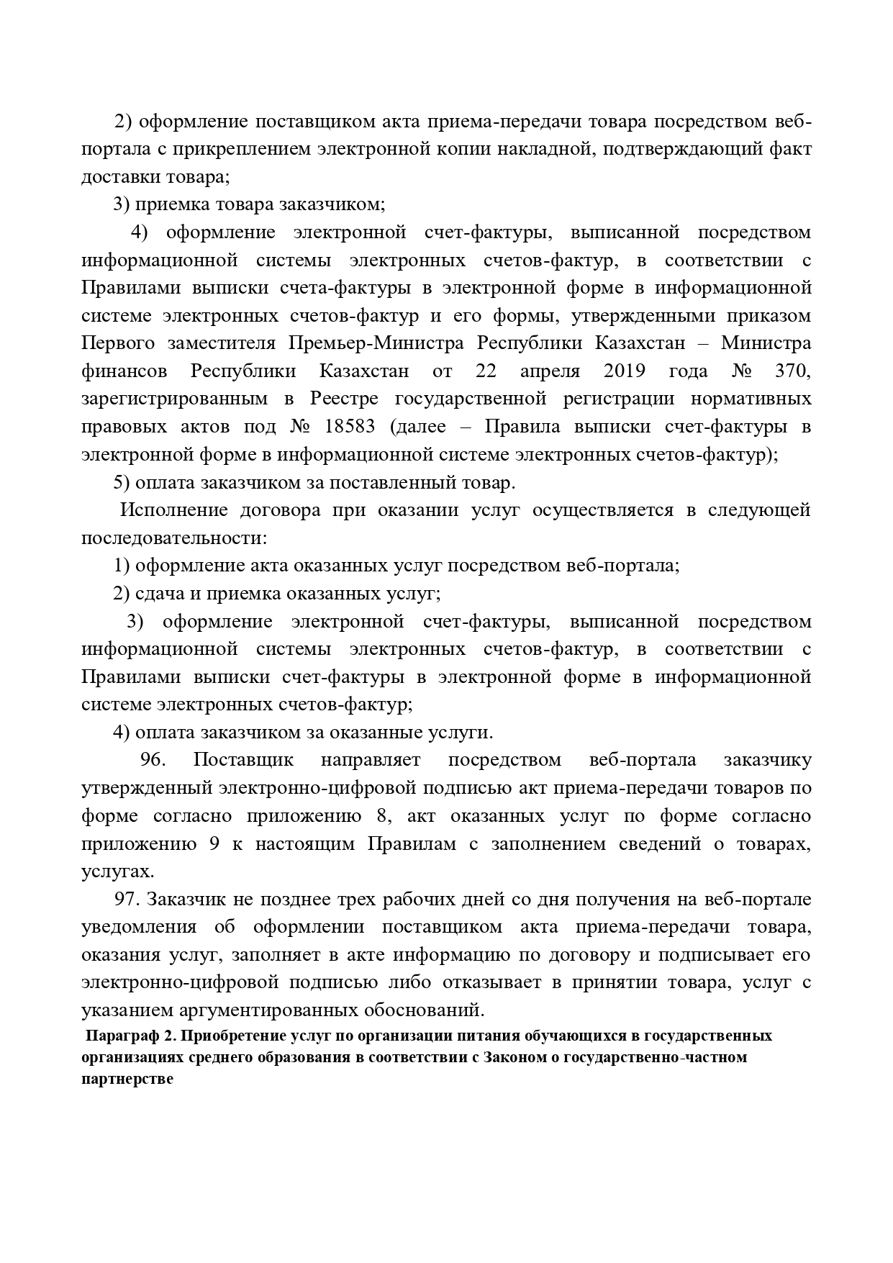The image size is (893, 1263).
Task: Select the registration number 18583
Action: pos(350,427)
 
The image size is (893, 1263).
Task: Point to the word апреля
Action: pos(550,371)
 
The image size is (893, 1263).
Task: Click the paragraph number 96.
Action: pos(153,760)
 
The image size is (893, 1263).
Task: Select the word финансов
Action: pos(124,371)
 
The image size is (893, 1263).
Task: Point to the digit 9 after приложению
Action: pos(214,844)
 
